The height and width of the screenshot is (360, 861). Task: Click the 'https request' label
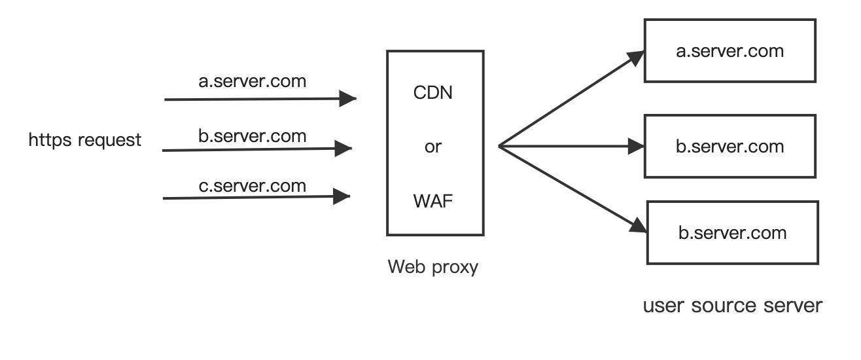point(85,139)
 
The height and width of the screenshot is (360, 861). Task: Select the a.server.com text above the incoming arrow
point(253,82)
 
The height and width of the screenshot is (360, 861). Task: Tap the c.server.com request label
point(253,186)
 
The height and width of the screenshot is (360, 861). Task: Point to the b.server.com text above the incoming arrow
point(253,136)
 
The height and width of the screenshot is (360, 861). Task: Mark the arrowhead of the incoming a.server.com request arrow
point(347,99)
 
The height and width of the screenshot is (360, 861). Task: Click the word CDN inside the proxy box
point(433,92)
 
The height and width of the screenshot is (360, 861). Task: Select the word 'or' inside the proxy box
point(433,147)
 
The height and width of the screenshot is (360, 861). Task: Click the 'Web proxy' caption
point(433,267)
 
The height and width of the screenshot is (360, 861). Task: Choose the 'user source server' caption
point(732,306)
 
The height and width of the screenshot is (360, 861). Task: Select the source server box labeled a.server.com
point(730,50)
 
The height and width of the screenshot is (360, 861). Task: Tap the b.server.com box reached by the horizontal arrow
point(730,146)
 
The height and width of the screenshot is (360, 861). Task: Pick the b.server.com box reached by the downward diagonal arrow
point(732,232)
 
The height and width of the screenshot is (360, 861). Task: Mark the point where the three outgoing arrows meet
point(499,146)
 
